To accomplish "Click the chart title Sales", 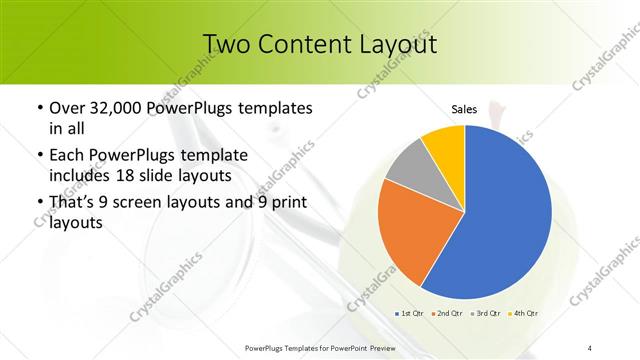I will click(464, 109).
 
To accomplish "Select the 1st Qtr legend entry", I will click(410, 314).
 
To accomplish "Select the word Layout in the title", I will click(399, 44).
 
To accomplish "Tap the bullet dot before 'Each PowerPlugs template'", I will click(39, 157).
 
